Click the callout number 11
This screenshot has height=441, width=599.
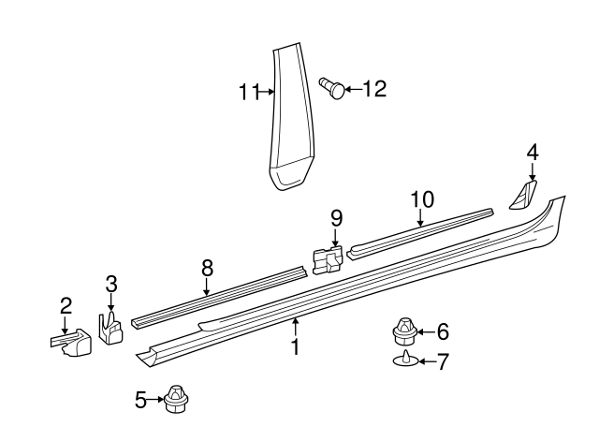click(248, 91)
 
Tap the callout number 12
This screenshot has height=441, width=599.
click(373, 89)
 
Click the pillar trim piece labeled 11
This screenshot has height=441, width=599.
click(293, 122)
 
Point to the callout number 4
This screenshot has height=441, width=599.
click(533, 151)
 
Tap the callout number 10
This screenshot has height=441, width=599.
click(421, 198)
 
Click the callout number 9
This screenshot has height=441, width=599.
click(336, 218)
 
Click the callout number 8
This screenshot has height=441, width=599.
click(207, 267)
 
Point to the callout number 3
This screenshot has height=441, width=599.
click(110, 283)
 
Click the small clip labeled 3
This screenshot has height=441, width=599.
click(111, 329)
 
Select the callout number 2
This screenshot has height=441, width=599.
click(66, 305)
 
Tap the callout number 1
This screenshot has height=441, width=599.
click(295, 348)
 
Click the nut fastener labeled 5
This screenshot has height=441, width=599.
click(174, 400)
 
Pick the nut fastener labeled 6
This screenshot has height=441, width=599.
click(404, 331)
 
